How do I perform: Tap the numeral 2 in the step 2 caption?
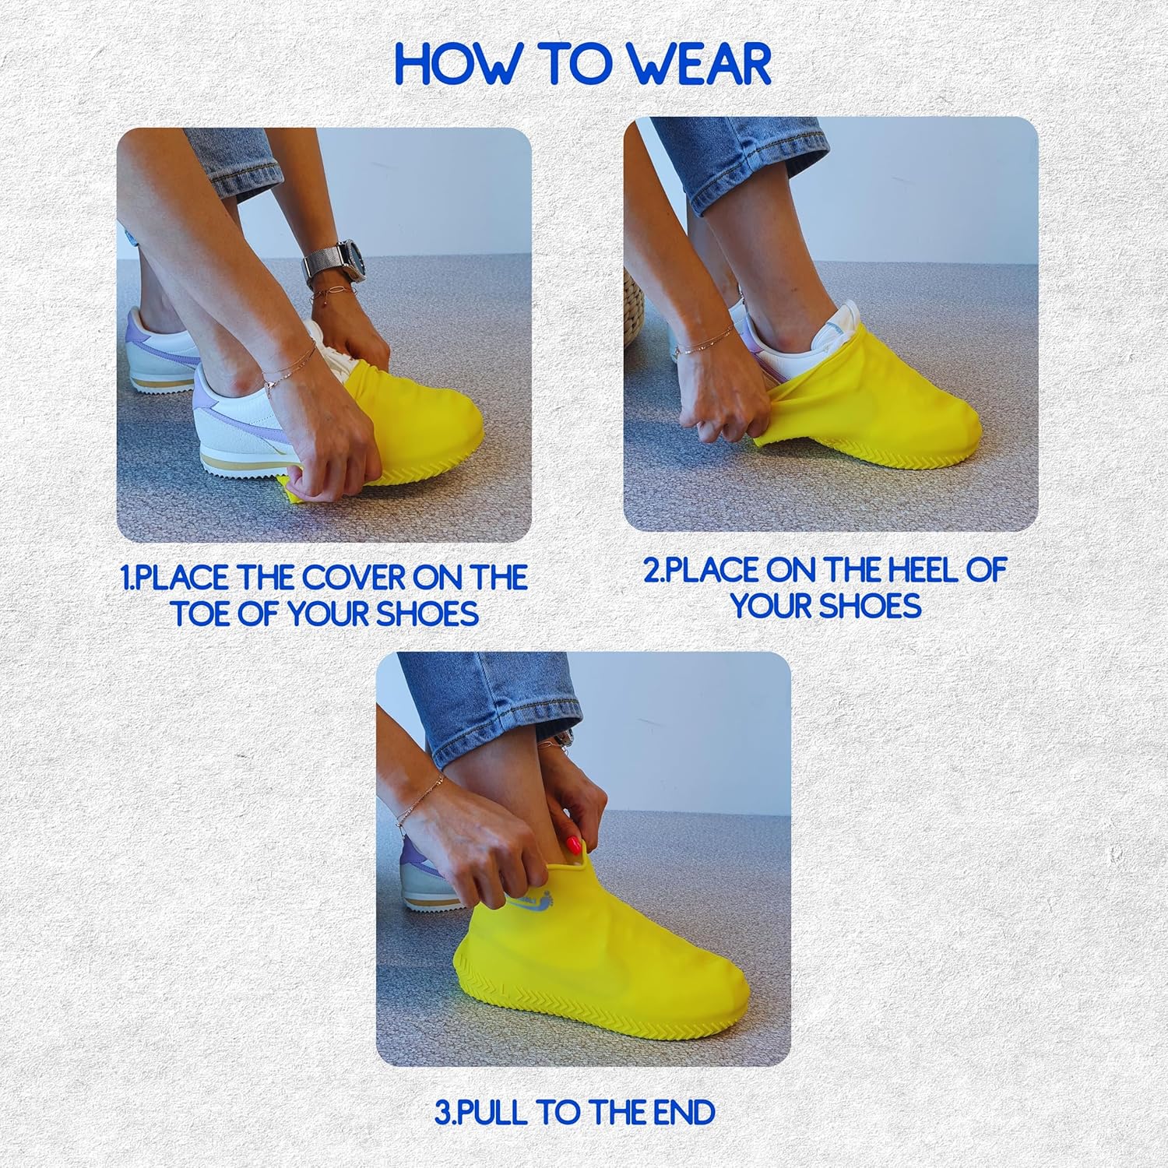point(651,570)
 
